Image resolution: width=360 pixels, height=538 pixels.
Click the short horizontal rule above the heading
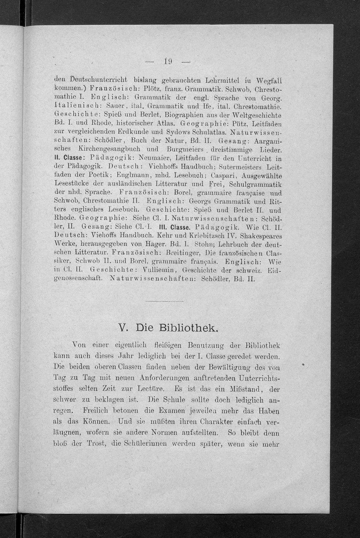(165, 301)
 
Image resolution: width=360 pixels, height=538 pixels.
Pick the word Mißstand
(245, 389)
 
